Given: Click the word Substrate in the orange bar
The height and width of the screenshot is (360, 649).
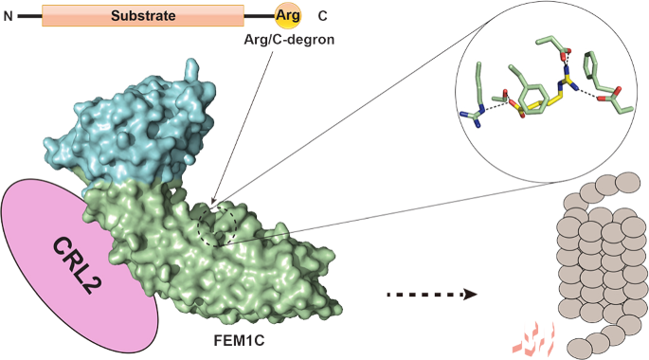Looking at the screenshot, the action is [x=141, y=15].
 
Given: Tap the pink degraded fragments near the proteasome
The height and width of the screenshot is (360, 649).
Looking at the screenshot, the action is [x=532, y=334].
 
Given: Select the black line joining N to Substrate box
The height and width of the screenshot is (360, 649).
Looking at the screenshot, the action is [x=28, y=16].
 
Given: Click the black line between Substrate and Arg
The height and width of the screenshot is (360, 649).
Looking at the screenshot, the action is [x=258, y=16].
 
